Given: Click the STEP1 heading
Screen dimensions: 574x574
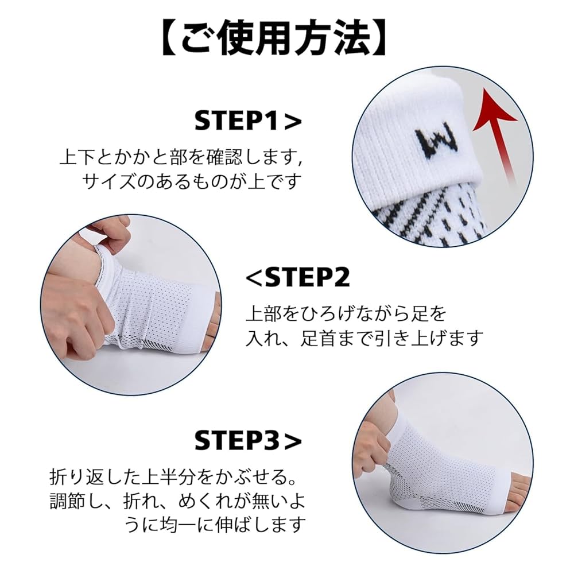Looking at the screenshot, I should click(x=247, y=121).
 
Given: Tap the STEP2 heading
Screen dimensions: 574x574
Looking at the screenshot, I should click(x=297, y=278).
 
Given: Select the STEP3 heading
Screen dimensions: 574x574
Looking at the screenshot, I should click(x=247, y=440).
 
